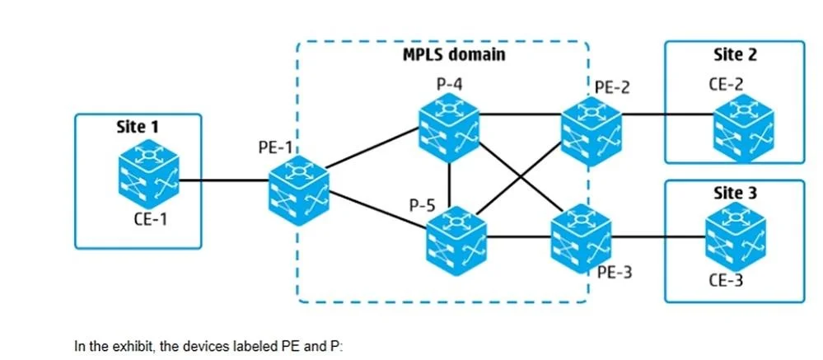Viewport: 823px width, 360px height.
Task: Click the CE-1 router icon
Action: tap(148, 173)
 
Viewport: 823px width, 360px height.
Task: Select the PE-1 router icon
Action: tap(299, 190)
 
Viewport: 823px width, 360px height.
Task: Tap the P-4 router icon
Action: tap(449, 128)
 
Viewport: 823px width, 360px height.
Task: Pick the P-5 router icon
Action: tap(456, 241)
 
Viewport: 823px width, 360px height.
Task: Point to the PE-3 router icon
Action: tap(581, 239)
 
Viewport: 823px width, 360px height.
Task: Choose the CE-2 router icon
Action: tap(743, 128)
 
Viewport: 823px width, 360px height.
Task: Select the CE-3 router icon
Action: tap(736, 236)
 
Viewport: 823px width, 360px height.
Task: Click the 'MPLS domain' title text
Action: tap(454, 54)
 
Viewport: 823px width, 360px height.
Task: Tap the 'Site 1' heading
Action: tap(138, 127)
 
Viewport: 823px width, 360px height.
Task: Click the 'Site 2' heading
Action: tap(736, 54)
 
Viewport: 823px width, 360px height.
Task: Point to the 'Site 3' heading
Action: tap(736, 193)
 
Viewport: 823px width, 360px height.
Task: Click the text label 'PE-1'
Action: tap(275, 147)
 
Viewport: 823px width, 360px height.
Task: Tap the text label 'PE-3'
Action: tap(615, 273)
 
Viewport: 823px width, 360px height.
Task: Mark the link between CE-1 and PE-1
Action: tap(224, 180)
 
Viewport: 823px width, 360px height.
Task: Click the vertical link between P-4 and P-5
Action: tap(451, 185)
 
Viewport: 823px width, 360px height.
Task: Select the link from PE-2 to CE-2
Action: tap(667, 114)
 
